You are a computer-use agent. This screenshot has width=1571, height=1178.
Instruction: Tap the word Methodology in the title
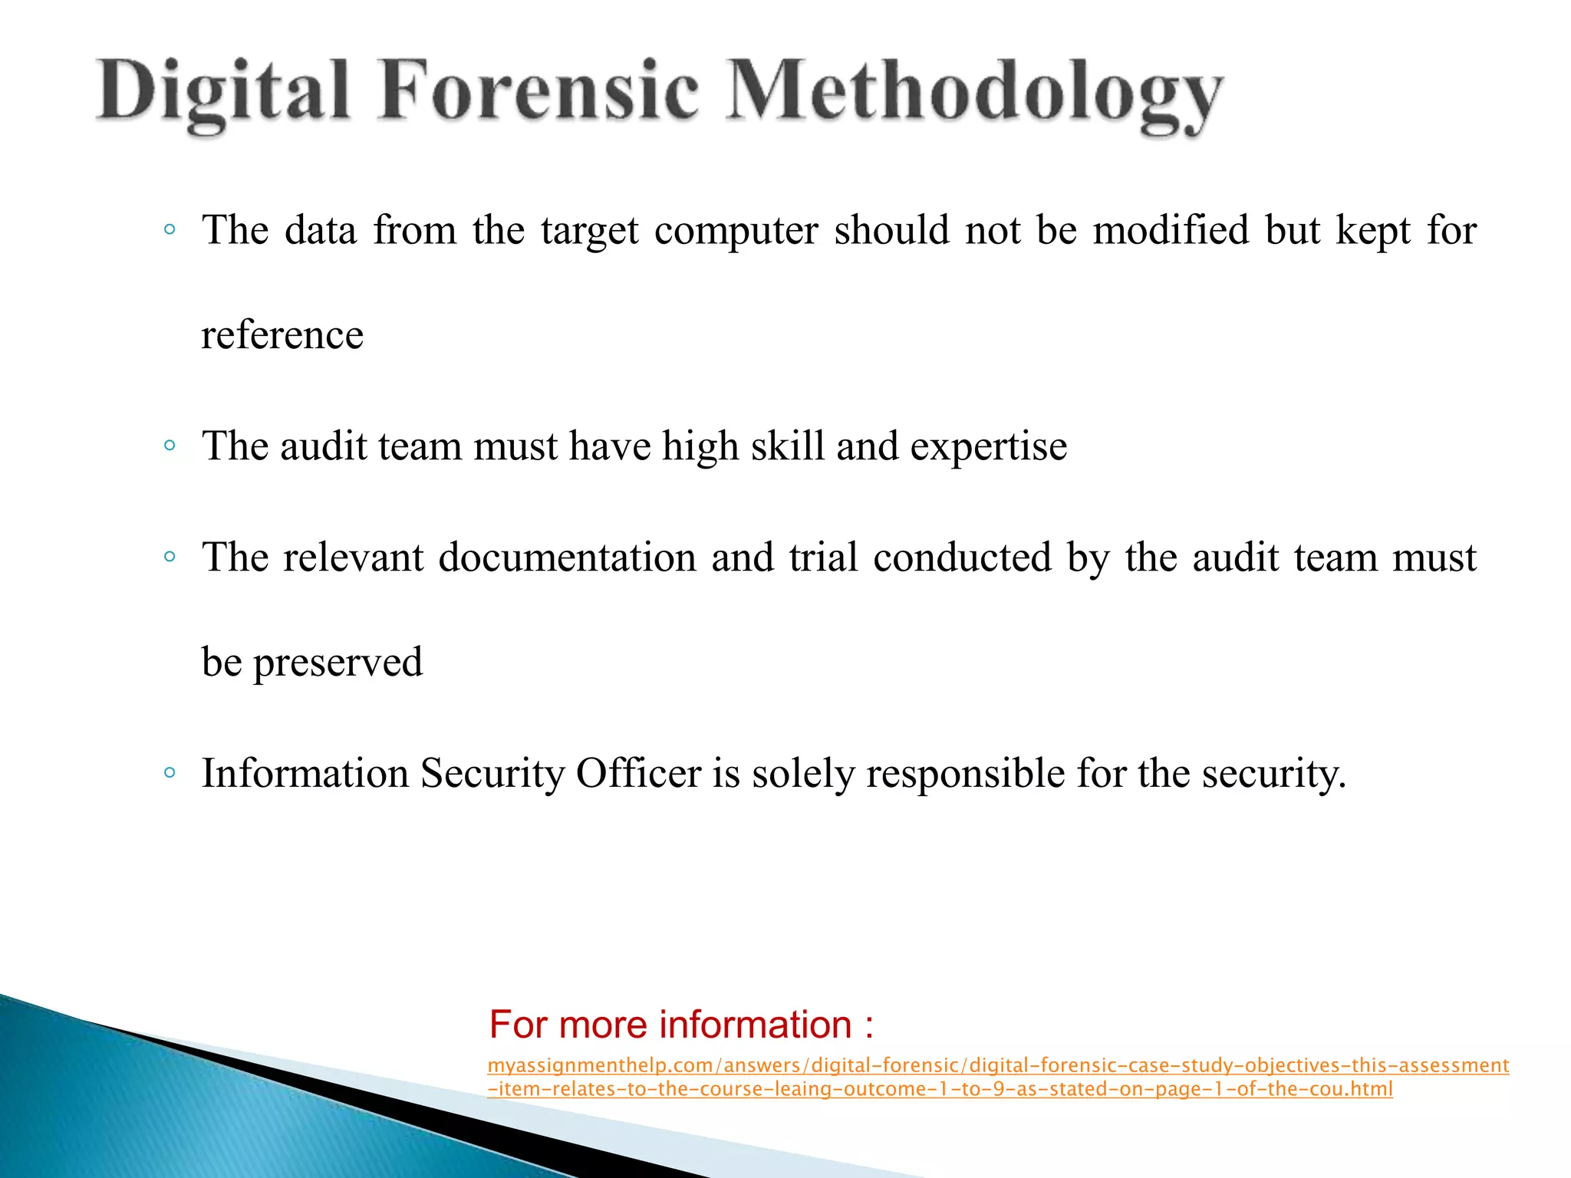974,94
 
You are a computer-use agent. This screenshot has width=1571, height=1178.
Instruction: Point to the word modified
1171,230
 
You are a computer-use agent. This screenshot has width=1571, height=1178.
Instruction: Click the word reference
282,335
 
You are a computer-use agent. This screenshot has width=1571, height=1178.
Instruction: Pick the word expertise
989,446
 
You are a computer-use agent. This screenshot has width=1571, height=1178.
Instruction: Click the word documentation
568,558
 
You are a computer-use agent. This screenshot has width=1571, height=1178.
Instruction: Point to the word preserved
338,663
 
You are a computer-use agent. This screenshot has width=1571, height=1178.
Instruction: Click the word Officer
639,773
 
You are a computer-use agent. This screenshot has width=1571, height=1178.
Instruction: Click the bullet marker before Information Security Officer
170,773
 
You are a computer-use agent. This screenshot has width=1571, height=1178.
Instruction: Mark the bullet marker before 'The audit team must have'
170,446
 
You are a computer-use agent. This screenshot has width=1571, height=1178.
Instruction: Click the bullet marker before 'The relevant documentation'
170,557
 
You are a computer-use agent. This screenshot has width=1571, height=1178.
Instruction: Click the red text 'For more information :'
681,1025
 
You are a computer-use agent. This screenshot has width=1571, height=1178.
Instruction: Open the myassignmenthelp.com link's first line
998,1065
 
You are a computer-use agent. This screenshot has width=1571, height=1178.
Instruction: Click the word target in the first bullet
589,230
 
